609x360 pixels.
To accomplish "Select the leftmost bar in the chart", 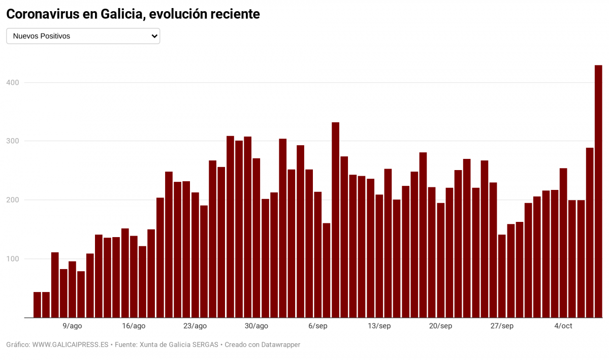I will pos(37,305).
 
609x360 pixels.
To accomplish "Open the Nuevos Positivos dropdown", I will pos(83,36).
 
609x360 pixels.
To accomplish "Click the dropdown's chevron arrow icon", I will pos(154,36).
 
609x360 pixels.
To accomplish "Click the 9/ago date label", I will pos(72,326).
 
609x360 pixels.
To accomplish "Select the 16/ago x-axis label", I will pos(134,326).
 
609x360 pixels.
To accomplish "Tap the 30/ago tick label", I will pos(257,326).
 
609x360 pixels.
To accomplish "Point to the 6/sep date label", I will pos(317,326).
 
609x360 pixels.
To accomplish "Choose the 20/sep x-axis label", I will pos(440,326).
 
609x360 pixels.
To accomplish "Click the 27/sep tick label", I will pos(502,326).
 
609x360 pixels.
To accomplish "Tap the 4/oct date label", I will pos(563,326).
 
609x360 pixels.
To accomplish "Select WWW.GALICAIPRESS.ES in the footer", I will pos(70,345).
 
